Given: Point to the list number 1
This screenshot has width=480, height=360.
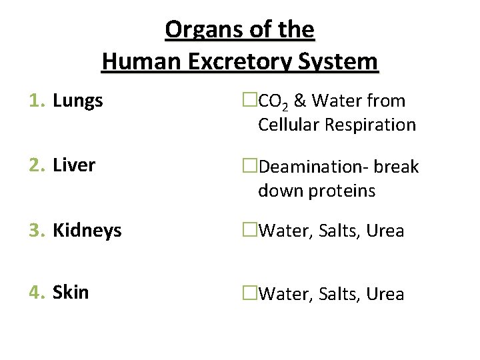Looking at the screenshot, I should pos(35,101).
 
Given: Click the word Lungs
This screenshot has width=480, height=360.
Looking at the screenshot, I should pos(78,101).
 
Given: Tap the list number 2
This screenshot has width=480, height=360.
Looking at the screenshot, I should pos(35,165).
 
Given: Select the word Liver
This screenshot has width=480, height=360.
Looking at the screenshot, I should pos(74,165).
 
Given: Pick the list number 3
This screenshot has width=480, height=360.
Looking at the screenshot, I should pos(35,231).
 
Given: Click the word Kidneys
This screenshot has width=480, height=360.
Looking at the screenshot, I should pos(87,231).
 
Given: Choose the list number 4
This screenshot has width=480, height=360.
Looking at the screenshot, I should pos(35,293).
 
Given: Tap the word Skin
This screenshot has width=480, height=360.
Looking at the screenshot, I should pos(71,293).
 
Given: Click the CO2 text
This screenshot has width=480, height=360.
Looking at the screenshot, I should pos(273,102).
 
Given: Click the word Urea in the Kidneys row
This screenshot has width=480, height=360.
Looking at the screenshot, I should pos(385,231).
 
